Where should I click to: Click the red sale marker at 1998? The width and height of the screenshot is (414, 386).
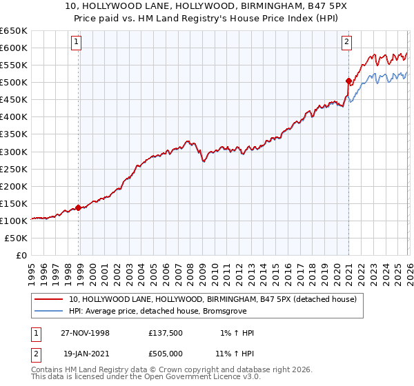(x=78, y=207)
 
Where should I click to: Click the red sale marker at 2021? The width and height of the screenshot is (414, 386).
(x=348, y=81)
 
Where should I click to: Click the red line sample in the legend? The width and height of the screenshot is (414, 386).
(x=48, y=299)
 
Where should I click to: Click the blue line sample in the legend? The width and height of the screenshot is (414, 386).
(x=48, y=312)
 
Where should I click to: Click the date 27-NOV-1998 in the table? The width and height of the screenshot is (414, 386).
(x=85, y=333)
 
